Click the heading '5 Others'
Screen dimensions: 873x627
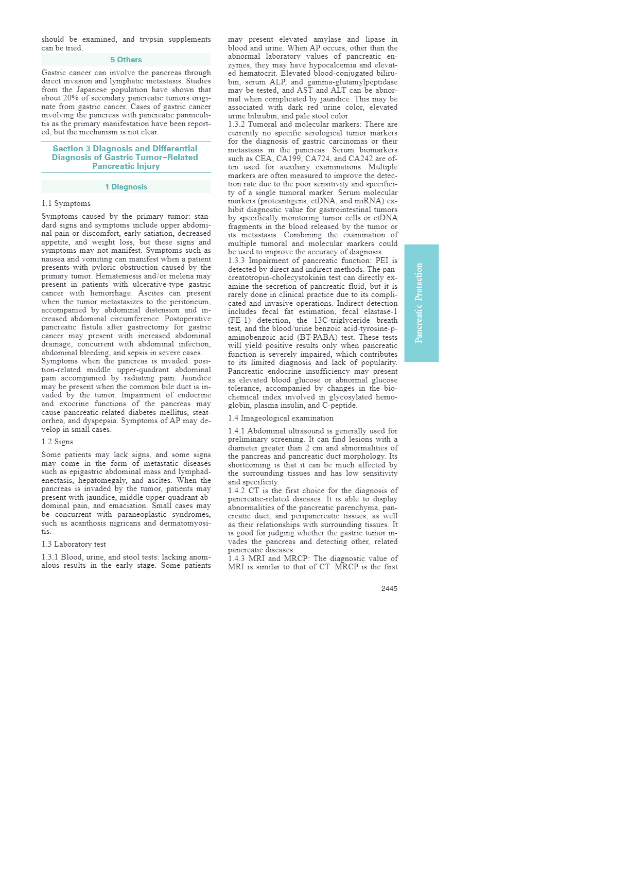(x=126, y=60)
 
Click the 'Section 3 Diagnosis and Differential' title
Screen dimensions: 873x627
(x=125, y=149)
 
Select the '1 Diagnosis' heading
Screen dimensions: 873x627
(x=126, y=187)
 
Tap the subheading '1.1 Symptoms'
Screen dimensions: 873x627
(x=66, y=204)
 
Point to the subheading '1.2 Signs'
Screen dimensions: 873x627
(x=57, y=442)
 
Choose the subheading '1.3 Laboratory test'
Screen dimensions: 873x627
(x=74, y=545)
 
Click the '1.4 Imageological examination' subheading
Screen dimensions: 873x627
(x=281, y=418)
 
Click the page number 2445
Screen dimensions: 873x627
(x=389, y=588)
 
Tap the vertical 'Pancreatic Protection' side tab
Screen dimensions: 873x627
(x=421, y=303)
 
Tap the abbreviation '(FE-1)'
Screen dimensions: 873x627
(x=239, y=320)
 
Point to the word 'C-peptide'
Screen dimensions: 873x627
(x=339, y=405)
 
